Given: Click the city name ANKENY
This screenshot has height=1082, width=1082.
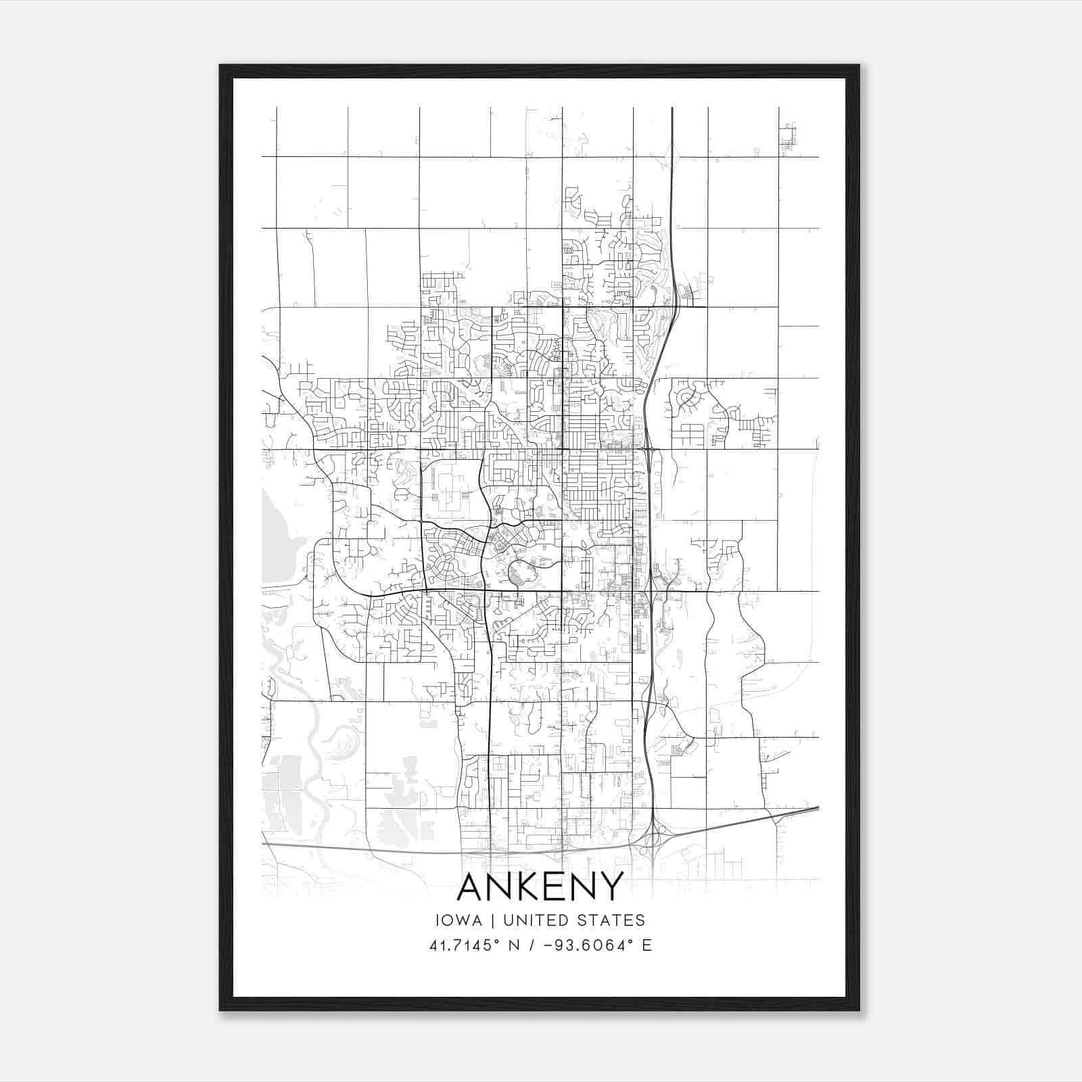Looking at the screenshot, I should click(x=540, y=887).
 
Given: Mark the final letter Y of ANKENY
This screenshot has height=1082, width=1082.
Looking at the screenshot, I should click(x=611, y=887).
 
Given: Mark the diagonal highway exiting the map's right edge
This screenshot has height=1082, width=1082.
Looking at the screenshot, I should click(x=798, y=811).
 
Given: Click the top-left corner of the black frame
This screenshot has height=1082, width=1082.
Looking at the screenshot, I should click(x=220, y=66).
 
